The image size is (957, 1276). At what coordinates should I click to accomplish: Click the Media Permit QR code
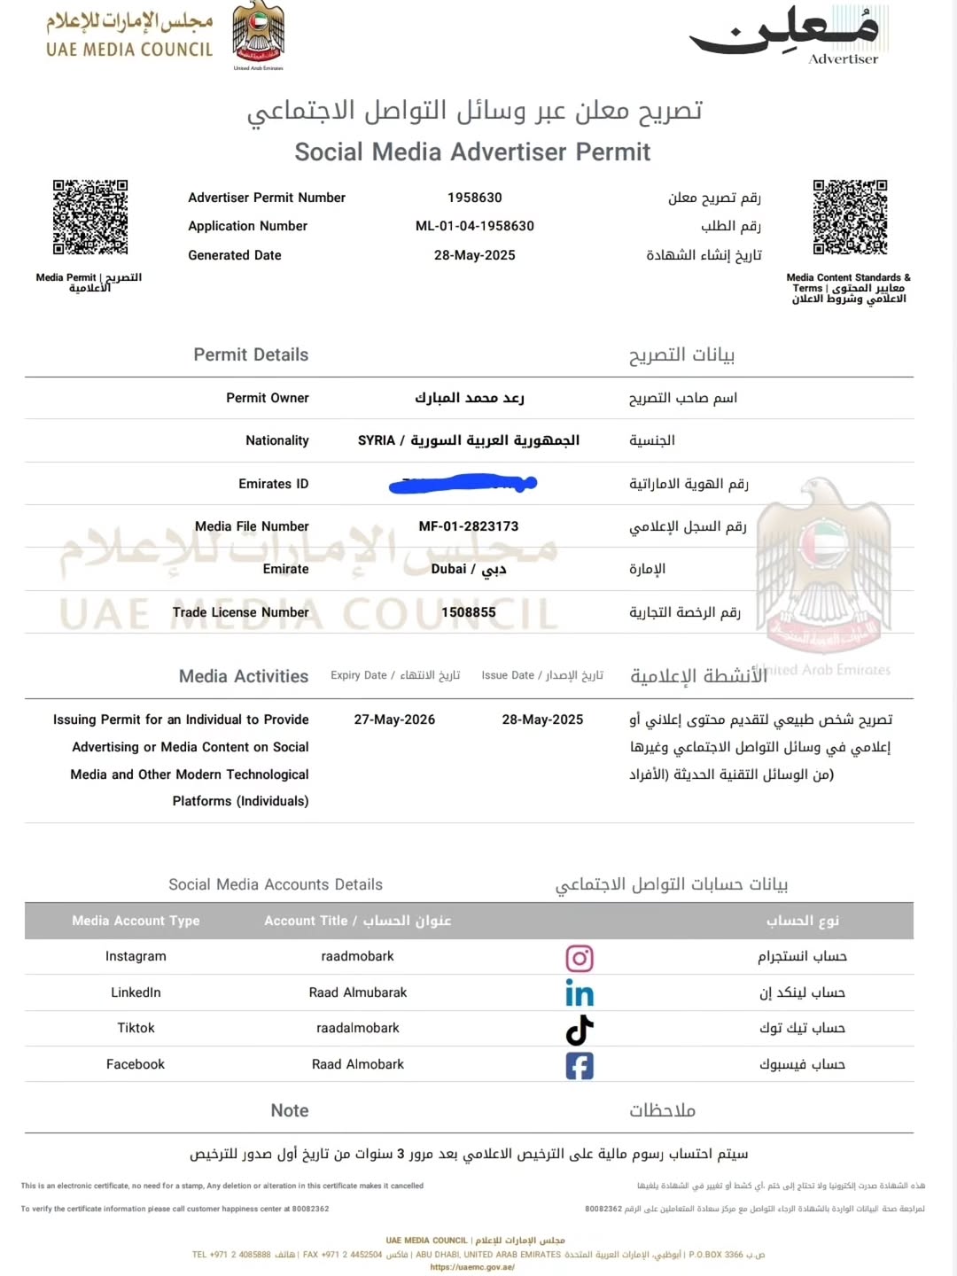pos(89,217)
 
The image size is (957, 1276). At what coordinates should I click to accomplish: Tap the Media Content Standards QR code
pos(850,217)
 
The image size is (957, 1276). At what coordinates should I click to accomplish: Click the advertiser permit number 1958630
pos(475,198)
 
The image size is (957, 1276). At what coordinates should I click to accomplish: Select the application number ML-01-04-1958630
pos(475,226)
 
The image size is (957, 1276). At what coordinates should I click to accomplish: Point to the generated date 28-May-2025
pos(475,255)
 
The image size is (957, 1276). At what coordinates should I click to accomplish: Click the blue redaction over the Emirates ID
pos(463,484)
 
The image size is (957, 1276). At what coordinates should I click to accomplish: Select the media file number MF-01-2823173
pos(469,526)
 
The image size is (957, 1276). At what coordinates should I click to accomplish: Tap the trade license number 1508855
pos(469,612)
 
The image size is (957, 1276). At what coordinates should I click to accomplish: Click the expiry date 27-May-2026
pos(394,720)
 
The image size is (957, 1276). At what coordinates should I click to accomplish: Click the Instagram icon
pos(580,958)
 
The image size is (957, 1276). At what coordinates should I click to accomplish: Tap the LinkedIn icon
pos(580,993)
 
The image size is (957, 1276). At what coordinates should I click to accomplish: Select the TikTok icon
pos(580,1030)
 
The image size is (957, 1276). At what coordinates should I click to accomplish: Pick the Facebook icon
pos(580,1065)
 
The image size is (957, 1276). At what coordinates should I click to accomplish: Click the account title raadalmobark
pos(358,1028)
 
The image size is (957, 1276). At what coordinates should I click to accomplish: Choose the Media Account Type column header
pos(136,921)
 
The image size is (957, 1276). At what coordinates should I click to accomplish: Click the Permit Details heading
pos(251,354)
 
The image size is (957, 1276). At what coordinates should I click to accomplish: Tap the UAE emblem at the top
pos(258,34)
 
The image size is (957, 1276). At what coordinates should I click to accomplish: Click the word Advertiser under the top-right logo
pos(844,59)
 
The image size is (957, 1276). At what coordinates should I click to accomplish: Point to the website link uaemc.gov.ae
pos(472,1267)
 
